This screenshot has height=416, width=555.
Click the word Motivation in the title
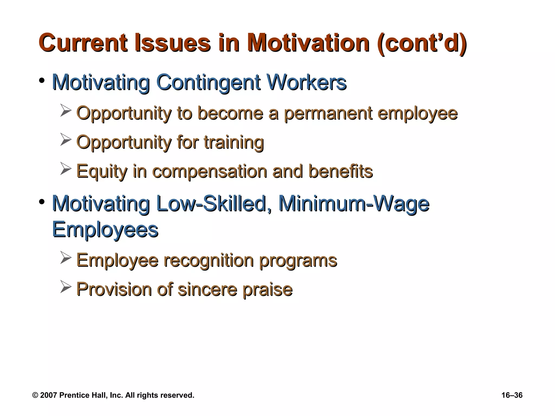308,43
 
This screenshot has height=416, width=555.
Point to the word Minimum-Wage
354,204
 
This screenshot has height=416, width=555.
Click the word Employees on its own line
105,230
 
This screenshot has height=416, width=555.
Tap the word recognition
208,261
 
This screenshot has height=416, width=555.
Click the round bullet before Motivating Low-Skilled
41,202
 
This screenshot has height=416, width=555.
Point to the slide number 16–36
512,395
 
